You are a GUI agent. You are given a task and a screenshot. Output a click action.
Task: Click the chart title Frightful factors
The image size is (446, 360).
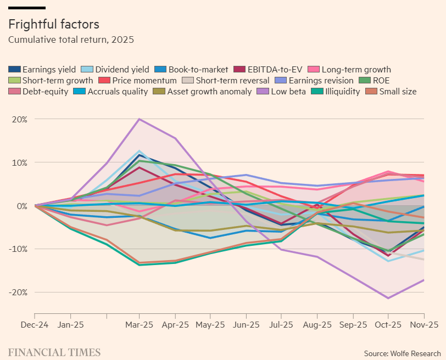(53, 25)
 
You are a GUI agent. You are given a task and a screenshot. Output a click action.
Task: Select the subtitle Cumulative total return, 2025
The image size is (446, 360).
(71, 40)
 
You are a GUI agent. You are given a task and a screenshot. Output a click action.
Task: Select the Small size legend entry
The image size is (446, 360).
(392, 92)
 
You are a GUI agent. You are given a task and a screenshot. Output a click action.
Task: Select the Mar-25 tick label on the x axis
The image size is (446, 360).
(140, 325)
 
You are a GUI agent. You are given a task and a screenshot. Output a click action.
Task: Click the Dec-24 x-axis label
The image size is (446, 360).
(35, 325)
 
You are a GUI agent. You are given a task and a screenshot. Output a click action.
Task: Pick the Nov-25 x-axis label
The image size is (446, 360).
(425, 325)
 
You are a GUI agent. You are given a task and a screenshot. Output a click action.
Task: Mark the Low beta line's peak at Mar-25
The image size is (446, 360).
(140, 119)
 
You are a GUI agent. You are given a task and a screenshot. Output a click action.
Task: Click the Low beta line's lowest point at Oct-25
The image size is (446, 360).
(388, 298)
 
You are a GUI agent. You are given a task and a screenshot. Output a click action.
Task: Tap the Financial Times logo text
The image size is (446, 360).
(54, 352)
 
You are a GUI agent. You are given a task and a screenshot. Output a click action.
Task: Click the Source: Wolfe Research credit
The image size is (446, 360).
(402, 353)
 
